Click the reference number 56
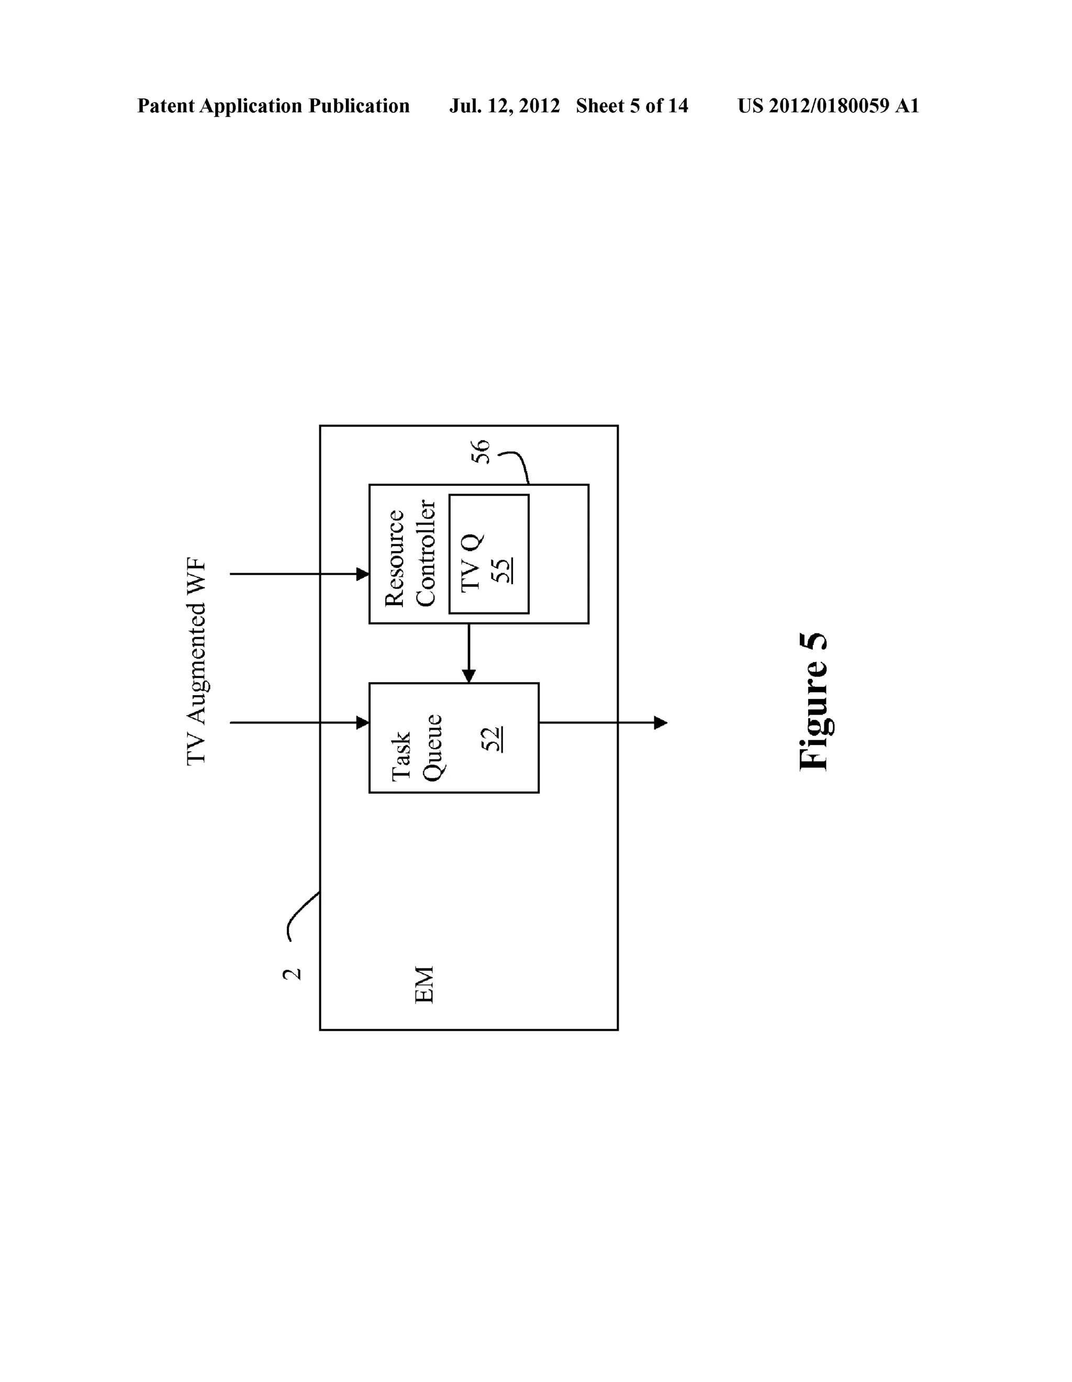pyautogui.click(x=481, y=452)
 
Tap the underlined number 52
pyautogui.click(x=492, y=739)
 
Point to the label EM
pyautogui.click(x=424, y=985)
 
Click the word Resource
pyautogui.click(x=395, y=558)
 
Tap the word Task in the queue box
pyautogui.click(x=401, y=757)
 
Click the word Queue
pyautogui.click(x=433, y=748)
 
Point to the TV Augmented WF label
pyautogui.click(x=196, y=662)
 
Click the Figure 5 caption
pyautogui.click(x=814, y=702)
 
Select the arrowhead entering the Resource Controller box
pyautogui.click(x=363, y=574)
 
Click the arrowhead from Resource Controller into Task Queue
pyautogui.click(x=468, y=676)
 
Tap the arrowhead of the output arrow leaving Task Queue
pyautogui.click(x=660, y=722)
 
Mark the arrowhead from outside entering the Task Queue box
pyautogui.click(x=363, y=722)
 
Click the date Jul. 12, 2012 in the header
pyautogui.click(x=505, y=106)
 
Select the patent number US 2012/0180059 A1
pyautogui.click(x=828, y=106)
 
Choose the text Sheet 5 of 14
pyautogui.click(x=632, y=106)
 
